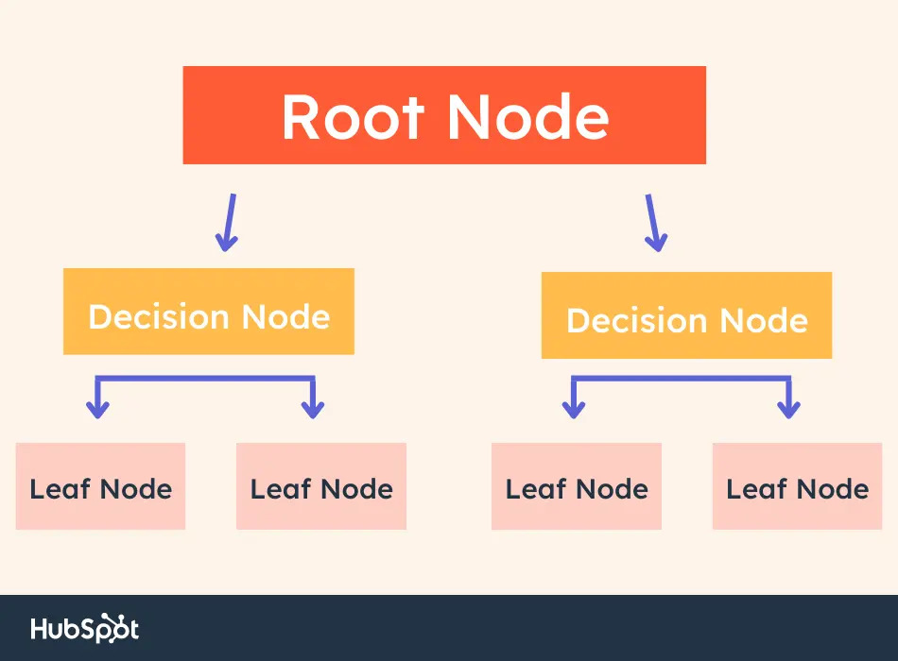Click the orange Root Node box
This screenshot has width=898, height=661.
[x=444, y=115]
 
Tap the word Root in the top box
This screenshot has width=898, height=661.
[x=353, y=117]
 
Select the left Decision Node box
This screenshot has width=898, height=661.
[x=209, y=312]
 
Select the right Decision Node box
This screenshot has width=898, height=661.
[x=686, y=315]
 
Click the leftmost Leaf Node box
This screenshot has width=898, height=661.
[x=101, y=486]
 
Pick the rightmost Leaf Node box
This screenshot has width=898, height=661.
[x=797, y=486]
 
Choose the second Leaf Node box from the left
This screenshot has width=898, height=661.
[x=321, y=486]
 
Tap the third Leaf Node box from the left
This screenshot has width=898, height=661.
[x=577, y=486]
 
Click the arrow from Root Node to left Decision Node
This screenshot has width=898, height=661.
[x=229, y=223]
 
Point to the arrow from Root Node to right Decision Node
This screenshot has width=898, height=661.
[x=654, y=223]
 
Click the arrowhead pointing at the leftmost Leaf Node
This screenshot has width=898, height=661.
[x=98, y=410]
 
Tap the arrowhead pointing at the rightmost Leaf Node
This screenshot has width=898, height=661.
[x=788, y=410]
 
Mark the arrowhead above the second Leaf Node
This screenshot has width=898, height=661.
[x=313, y=410]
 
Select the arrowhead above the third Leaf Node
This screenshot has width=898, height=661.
[x=573, y=410]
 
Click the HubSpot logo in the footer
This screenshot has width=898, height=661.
[x=85, y=628]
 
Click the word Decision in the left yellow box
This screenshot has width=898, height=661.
[x=159, y=316]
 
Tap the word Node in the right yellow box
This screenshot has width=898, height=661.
[x=764, y=320]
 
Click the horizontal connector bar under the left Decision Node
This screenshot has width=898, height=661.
[x=205, y=379]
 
